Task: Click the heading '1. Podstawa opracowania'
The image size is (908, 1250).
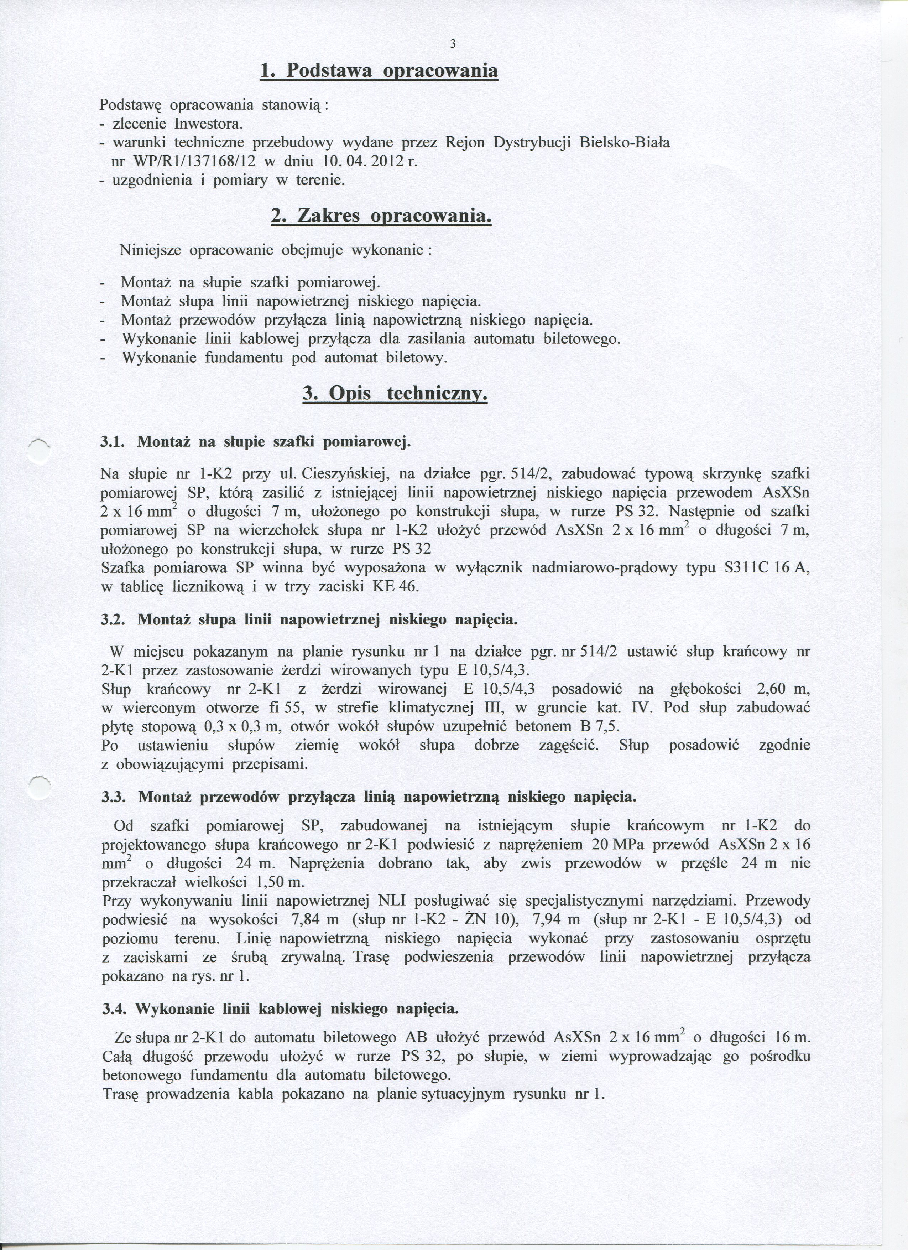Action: point(379,71)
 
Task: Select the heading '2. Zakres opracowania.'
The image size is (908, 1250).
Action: point(381,216)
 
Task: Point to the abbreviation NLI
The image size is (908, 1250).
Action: point(392,901)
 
